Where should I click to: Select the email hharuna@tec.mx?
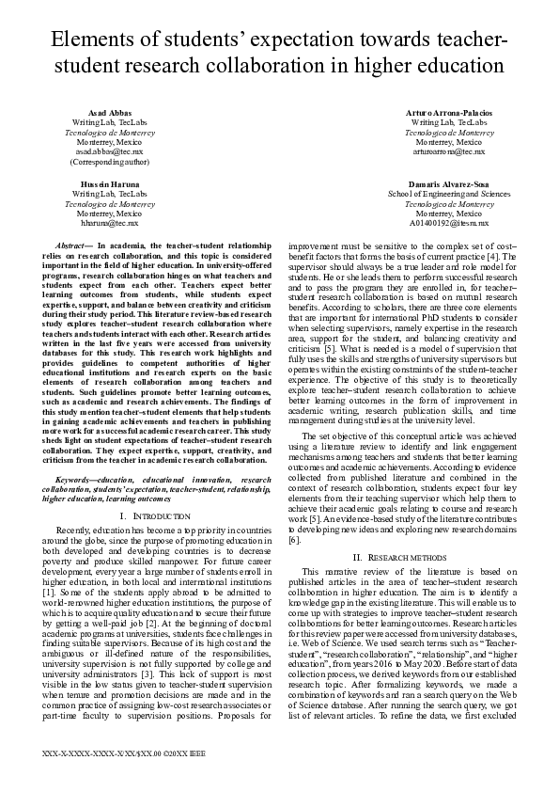pos(108,223)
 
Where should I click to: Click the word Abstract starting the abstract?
pos(74,245)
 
